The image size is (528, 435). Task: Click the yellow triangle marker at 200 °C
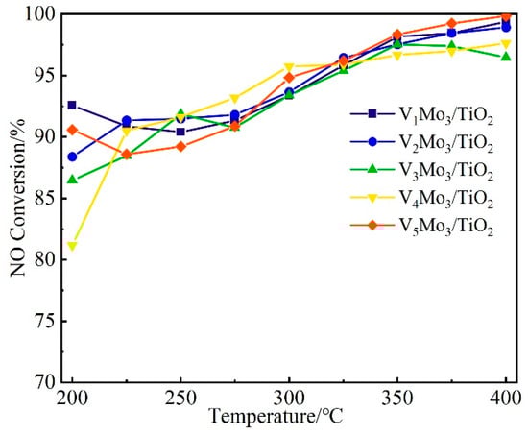[x=72, y=247]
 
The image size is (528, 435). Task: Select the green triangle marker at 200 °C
[x=72, y=180]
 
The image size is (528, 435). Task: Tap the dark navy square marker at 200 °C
[x=72, y=105]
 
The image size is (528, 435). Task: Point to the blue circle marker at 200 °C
[x=72, y=157]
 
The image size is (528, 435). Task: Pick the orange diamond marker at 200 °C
[x=72, y=130]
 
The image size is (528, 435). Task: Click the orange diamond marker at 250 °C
[x=180, y=147]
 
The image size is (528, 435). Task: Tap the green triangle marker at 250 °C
[x=180, y=113]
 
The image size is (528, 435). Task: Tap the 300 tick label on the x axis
[x=289, y=398]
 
